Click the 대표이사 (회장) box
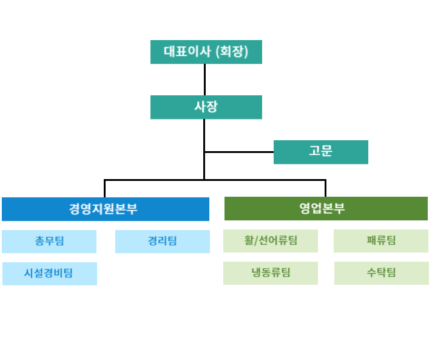206,52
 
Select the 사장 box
206,107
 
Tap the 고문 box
321,152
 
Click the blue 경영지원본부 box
106,209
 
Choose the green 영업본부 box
326,208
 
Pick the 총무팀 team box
49,242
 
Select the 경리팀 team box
163,242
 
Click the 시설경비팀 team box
50,274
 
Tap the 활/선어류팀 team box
271,241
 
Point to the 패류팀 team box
381,241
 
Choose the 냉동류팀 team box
271,273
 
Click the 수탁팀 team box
382,273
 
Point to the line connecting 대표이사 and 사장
204,80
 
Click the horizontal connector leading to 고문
239,152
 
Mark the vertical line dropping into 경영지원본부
105,189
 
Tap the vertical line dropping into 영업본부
326,188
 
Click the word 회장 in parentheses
232,52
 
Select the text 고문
320,151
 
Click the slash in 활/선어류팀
256,240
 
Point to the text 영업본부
322,208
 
